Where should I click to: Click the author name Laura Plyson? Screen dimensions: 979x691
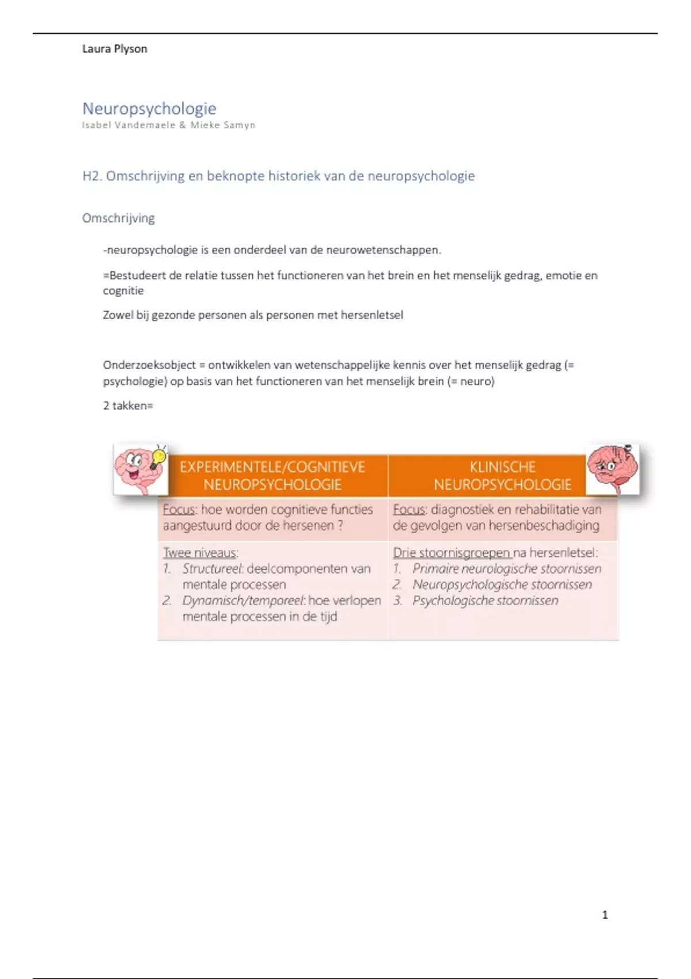click(115, 49)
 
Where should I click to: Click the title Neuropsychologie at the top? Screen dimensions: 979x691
click(149, 108)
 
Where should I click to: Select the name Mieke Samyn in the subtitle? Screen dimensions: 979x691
click(223, 125)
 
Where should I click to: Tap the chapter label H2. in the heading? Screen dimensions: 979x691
click(92, 176)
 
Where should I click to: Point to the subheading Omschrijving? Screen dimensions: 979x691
click(118, 218)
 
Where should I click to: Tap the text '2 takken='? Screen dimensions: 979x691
click(128, 406)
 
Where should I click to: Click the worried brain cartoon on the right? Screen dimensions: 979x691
click(612, 469)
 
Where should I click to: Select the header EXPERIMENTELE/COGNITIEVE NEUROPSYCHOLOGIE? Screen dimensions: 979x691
click(272, 476)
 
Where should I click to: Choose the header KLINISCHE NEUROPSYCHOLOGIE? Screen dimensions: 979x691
click(503, 476)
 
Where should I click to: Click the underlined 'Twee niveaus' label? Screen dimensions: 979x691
click(199, 553)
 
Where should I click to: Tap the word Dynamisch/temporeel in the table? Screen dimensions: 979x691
click(242, 601)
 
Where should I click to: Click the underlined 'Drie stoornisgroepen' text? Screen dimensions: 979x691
click(451, 553)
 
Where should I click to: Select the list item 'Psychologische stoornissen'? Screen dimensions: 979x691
click(485, 601)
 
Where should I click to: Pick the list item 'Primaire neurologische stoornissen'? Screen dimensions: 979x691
click(506, 569)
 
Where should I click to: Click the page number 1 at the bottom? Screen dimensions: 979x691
click(605, 915)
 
